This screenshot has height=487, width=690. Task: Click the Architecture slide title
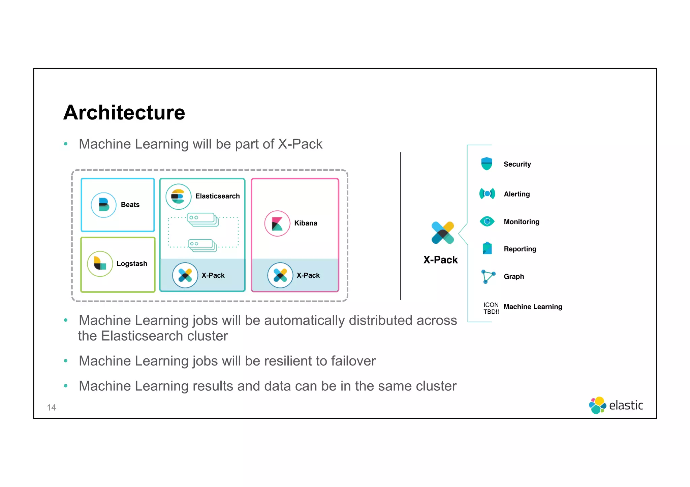pos(124,112)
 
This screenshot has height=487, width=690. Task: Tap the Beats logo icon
pos(104,205)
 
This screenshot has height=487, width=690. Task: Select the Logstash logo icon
pos(100,264)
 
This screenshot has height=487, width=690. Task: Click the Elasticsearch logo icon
pos(178,196)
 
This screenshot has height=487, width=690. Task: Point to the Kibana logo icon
pos(277,223)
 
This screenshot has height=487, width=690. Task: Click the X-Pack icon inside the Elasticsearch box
pos(185,275)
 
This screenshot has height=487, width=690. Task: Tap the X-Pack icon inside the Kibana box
pos(280,275)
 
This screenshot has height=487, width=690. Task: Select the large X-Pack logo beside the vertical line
pos(442,233)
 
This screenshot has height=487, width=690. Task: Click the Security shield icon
pos(487,164)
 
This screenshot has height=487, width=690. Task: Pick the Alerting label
pos(516,194)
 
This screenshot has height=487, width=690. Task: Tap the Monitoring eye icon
pos(487,221)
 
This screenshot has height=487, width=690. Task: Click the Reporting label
pos(520,249)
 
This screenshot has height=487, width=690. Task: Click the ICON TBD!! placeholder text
pos(491,308)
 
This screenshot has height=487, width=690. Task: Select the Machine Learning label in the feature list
pos(533,307)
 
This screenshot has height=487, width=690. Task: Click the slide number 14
pos(52,408)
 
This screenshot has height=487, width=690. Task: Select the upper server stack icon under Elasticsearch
pos(202,219)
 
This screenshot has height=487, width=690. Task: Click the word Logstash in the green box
pos(132,264)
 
